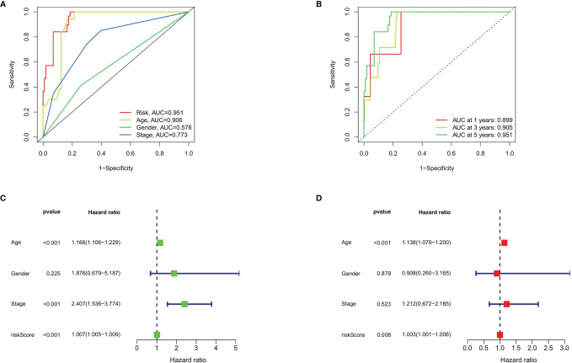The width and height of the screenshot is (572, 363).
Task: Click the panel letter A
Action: tap(6, 6)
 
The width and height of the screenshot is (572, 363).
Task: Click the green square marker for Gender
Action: tap(174, 273)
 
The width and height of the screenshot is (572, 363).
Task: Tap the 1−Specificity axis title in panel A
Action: tap(115, 169)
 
